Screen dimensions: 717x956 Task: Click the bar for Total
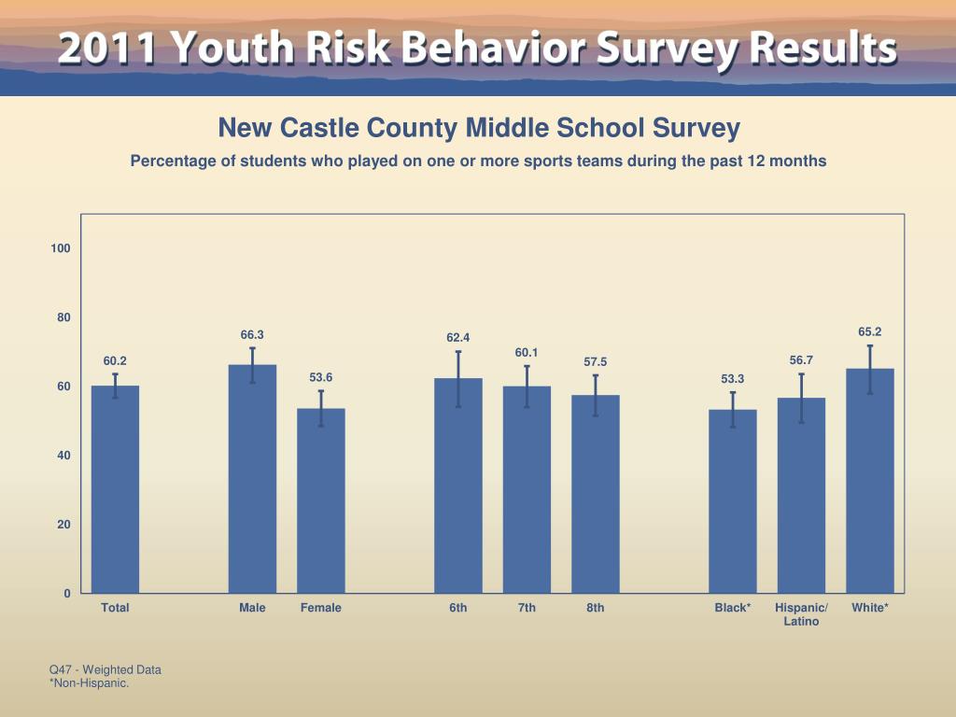[115, 489]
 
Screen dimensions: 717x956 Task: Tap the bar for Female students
[321, 500]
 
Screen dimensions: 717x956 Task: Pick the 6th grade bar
[458, 485]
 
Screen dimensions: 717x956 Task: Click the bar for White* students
[870, 481]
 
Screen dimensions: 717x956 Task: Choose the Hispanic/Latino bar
[801, 495]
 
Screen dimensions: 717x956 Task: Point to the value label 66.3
[252, 334]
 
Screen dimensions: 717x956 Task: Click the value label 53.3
[733, 379]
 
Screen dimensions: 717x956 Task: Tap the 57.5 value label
[596, 361]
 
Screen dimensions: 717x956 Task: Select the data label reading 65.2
[870, 331]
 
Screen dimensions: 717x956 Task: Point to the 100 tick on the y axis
[62, 248]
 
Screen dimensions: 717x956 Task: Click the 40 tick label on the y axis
[63, 456]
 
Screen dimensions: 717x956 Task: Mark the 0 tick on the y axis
[66, 594]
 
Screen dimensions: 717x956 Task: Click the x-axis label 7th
[527, 608]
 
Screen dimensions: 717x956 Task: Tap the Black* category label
[733, 608]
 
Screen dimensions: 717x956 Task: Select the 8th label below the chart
[596, 608]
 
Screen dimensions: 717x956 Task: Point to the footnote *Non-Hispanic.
[89, 683]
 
